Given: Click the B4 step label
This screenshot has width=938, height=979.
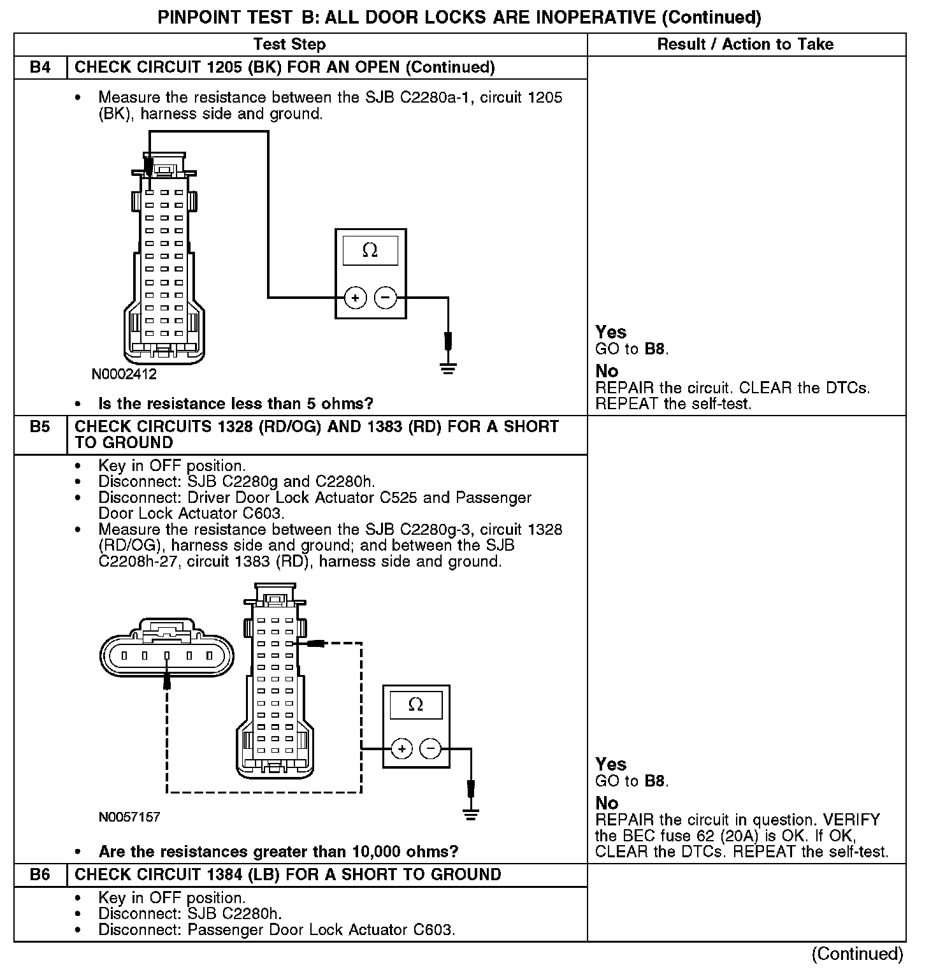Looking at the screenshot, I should tap(40, 68).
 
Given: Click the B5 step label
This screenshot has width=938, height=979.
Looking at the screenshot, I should tap(40, 426).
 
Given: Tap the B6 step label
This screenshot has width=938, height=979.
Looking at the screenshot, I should tap(40, 874).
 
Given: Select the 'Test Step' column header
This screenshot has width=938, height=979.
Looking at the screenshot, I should tap(289, 44).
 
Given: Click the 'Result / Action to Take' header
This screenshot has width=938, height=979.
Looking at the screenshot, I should tap(745, 44).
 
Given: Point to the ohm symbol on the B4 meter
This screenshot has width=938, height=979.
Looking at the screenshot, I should tap(370, 250).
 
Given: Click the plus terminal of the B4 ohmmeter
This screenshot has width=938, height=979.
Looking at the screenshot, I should tap(355, 298).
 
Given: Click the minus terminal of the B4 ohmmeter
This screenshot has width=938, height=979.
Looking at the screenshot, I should tap(385, 298).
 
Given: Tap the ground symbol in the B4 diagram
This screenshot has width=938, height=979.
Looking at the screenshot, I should tap(449, 368).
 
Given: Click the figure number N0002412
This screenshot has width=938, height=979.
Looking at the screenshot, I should tap(124, 374).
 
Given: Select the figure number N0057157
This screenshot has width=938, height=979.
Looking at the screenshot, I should tap(129, 817).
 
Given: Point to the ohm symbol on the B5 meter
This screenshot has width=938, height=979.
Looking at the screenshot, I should tap(415, 704).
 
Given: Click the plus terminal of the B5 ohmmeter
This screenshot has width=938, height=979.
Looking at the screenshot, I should tap(401, 748).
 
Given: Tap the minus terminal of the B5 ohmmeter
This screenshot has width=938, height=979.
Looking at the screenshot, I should tap(431, 748).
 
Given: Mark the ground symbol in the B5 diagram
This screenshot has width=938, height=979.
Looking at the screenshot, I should tap(470, 814).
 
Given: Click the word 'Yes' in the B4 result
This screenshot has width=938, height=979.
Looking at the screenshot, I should tap(610, 332).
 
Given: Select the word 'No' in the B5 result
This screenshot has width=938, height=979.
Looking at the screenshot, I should tap(607, 803).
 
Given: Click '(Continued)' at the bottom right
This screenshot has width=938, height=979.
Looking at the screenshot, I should tap(857, 954).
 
